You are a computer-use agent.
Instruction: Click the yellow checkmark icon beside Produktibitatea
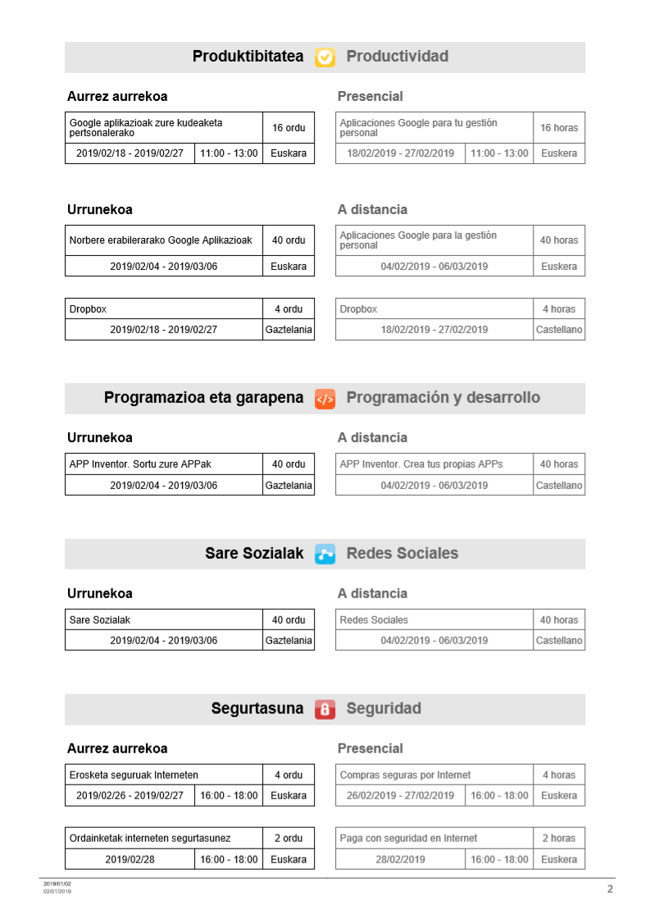(x=325, y=57)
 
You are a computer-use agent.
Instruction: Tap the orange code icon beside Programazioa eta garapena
(x=325, y=398)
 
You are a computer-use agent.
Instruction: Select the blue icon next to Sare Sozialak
(x=325, y=554)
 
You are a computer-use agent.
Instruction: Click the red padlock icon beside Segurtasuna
(x=325, y=709)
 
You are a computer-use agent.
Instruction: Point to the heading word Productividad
(x=397, y=57)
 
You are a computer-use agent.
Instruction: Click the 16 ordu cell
(x=289, y=127)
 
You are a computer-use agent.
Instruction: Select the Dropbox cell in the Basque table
(x=164, y=309)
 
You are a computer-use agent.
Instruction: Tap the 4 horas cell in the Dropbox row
(x=559, y=309)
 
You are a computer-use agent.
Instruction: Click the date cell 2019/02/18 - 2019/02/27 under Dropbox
(x=164, y=330)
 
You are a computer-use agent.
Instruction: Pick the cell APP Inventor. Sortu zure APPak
(x=164, y=464)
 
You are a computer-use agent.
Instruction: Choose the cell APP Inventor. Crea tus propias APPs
(x=434, y=464)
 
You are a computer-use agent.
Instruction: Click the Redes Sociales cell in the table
(x=434, y=620)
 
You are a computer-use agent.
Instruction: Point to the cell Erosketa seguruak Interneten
(x=164, y=775)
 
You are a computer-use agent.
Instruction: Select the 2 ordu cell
(x=289, y=839)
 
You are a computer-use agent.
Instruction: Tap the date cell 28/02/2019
(x=400, y=860)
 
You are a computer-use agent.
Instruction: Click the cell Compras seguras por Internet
(x=434, y=775)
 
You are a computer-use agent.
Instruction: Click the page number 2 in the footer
(x=610, y=889)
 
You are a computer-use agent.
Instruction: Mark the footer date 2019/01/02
(x=57, y=884)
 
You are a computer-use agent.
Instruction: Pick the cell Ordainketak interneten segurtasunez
(x=164, y=839)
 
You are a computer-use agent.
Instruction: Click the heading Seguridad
(x=384, y=709)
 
